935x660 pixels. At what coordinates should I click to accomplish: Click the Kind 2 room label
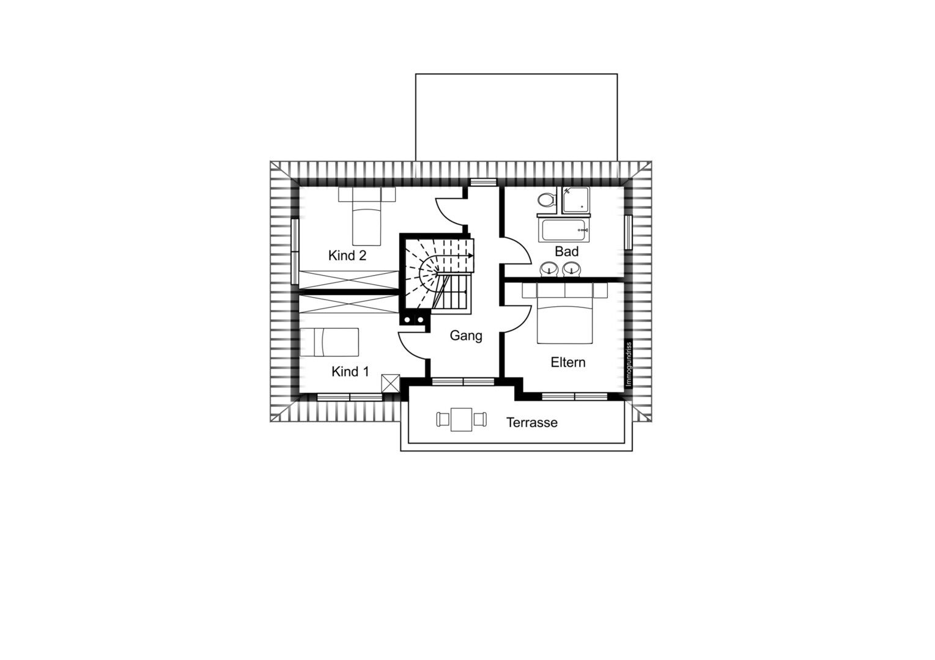point(347,255)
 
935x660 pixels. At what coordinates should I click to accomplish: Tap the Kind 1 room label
point(350,372)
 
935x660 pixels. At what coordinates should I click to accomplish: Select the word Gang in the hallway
point(466,336)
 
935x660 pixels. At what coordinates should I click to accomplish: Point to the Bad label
point(566,251)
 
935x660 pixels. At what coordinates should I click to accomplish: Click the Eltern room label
point(568,362)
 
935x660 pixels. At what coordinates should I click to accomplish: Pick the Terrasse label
point(532,422)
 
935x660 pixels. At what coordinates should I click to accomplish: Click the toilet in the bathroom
point(547,200)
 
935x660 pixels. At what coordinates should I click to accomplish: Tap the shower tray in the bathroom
point(576,200)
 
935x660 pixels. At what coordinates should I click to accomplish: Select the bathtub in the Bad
point(564,230)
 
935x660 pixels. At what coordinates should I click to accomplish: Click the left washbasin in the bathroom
point(548,269)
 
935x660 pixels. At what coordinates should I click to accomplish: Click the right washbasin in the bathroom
point(571,269)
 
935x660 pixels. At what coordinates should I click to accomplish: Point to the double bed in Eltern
point(565,313)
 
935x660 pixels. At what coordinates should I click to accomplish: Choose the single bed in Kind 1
point(330,342)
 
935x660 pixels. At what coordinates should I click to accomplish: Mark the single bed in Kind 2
point(366,216)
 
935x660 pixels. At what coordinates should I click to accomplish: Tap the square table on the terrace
point(461,419)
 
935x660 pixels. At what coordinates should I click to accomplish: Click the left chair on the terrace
point(443,419)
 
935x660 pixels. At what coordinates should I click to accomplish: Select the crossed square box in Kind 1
point(391,383)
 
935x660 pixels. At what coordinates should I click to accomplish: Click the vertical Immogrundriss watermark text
point(629,364)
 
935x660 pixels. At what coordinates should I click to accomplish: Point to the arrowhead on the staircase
point(471,255)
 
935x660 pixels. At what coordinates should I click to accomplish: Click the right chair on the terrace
point(480,419)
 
